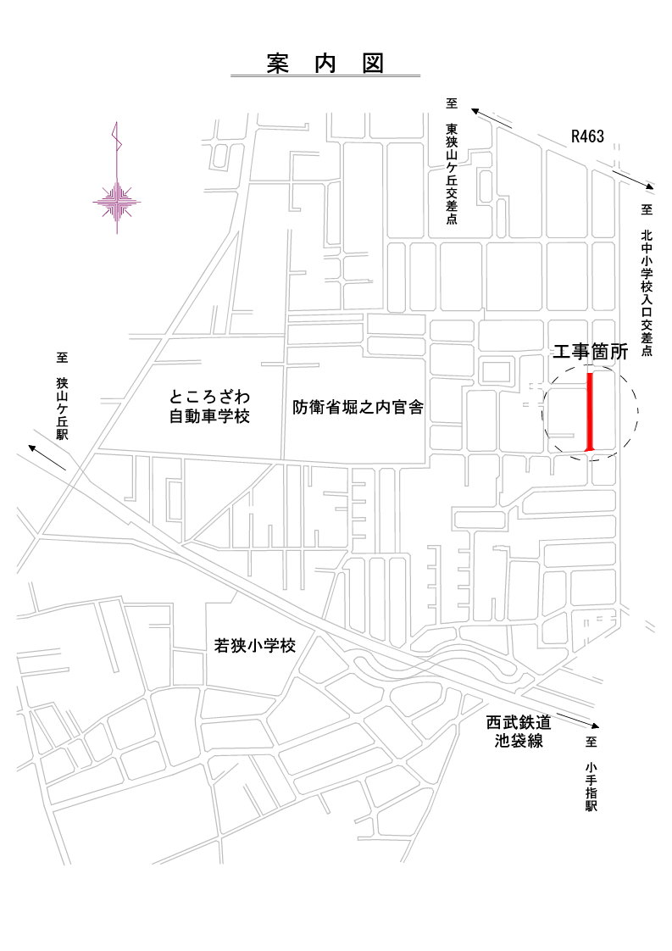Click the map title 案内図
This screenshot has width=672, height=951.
point(325,64)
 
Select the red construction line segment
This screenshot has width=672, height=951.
point(591,410)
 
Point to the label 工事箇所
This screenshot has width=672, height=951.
point(590,353)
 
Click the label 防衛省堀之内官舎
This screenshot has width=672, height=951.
point(358,408)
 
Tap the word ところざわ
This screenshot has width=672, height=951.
point(210,397)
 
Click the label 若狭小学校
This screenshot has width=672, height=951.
point(255,646)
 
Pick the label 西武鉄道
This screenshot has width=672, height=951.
point(519,723)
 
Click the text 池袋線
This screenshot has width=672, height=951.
point(519,741)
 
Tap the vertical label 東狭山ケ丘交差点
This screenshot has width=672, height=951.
point(452,175)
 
